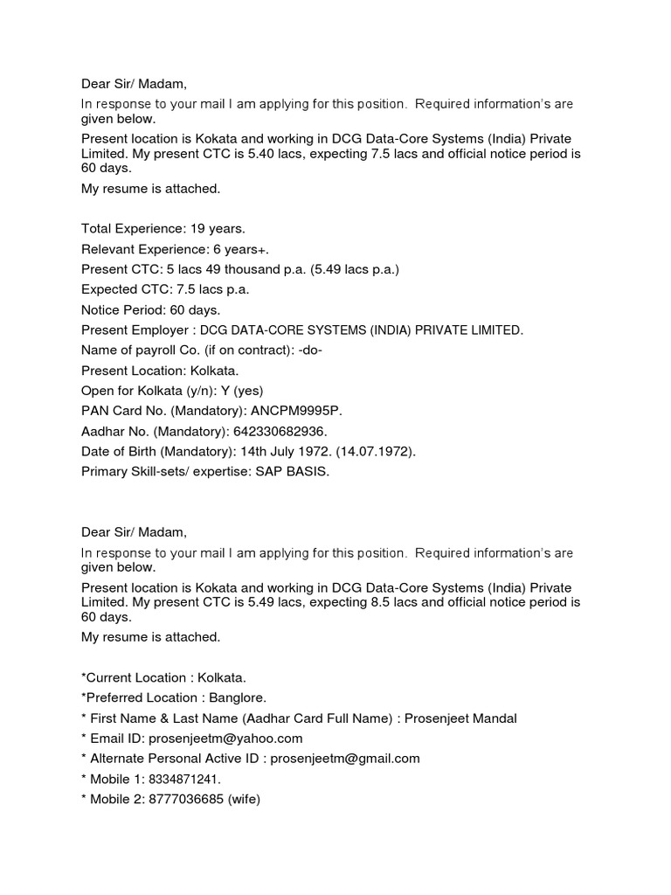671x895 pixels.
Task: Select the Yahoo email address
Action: [213, 739]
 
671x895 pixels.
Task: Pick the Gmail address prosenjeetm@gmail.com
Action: [345, 759]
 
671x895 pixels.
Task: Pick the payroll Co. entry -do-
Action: [294, 350]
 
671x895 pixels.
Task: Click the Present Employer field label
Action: [135, 330]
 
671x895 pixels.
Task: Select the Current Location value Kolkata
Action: [222, 677]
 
